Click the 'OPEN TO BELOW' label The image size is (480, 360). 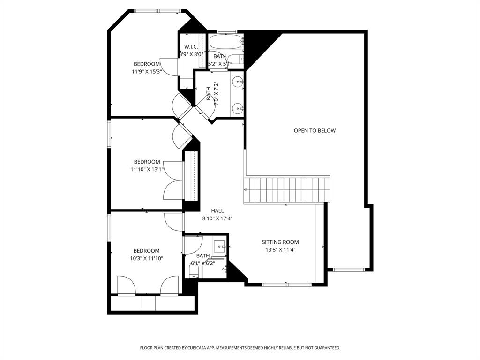click(x=315, y=131)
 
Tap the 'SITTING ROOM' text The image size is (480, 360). click(x=280, y=242)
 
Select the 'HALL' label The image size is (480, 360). click(x=217, y=211)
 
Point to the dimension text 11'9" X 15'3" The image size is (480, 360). click(x=147, y=72)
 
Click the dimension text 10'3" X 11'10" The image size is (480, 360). click(x=147, y=258)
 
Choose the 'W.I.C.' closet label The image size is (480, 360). click(x=190, y=47)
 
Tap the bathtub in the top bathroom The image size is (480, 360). click(x=225, y=42)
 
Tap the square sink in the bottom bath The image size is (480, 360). click(x=219, y=246)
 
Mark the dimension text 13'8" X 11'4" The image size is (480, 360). click(x=280, y=250)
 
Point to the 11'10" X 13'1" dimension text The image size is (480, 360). click(x=147, y=169)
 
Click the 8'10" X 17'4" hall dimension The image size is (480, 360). click(x=217, y=218)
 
